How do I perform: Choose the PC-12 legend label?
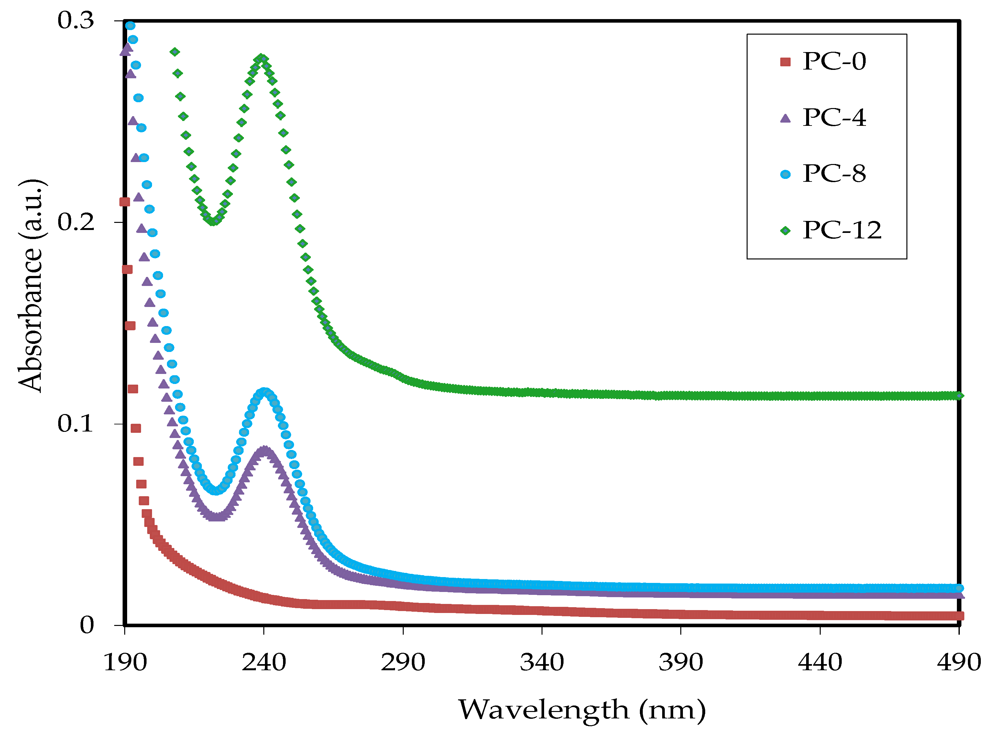841,230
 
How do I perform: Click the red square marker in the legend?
785,62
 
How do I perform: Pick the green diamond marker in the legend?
785,230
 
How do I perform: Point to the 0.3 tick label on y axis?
76,20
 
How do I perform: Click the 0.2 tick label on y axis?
76,222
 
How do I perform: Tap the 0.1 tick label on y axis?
76,424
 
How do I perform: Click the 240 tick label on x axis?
264,663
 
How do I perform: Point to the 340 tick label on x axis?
542,663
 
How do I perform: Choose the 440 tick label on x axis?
820,663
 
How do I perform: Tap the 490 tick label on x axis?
959,663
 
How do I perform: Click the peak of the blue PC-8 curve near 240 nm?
265,392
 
